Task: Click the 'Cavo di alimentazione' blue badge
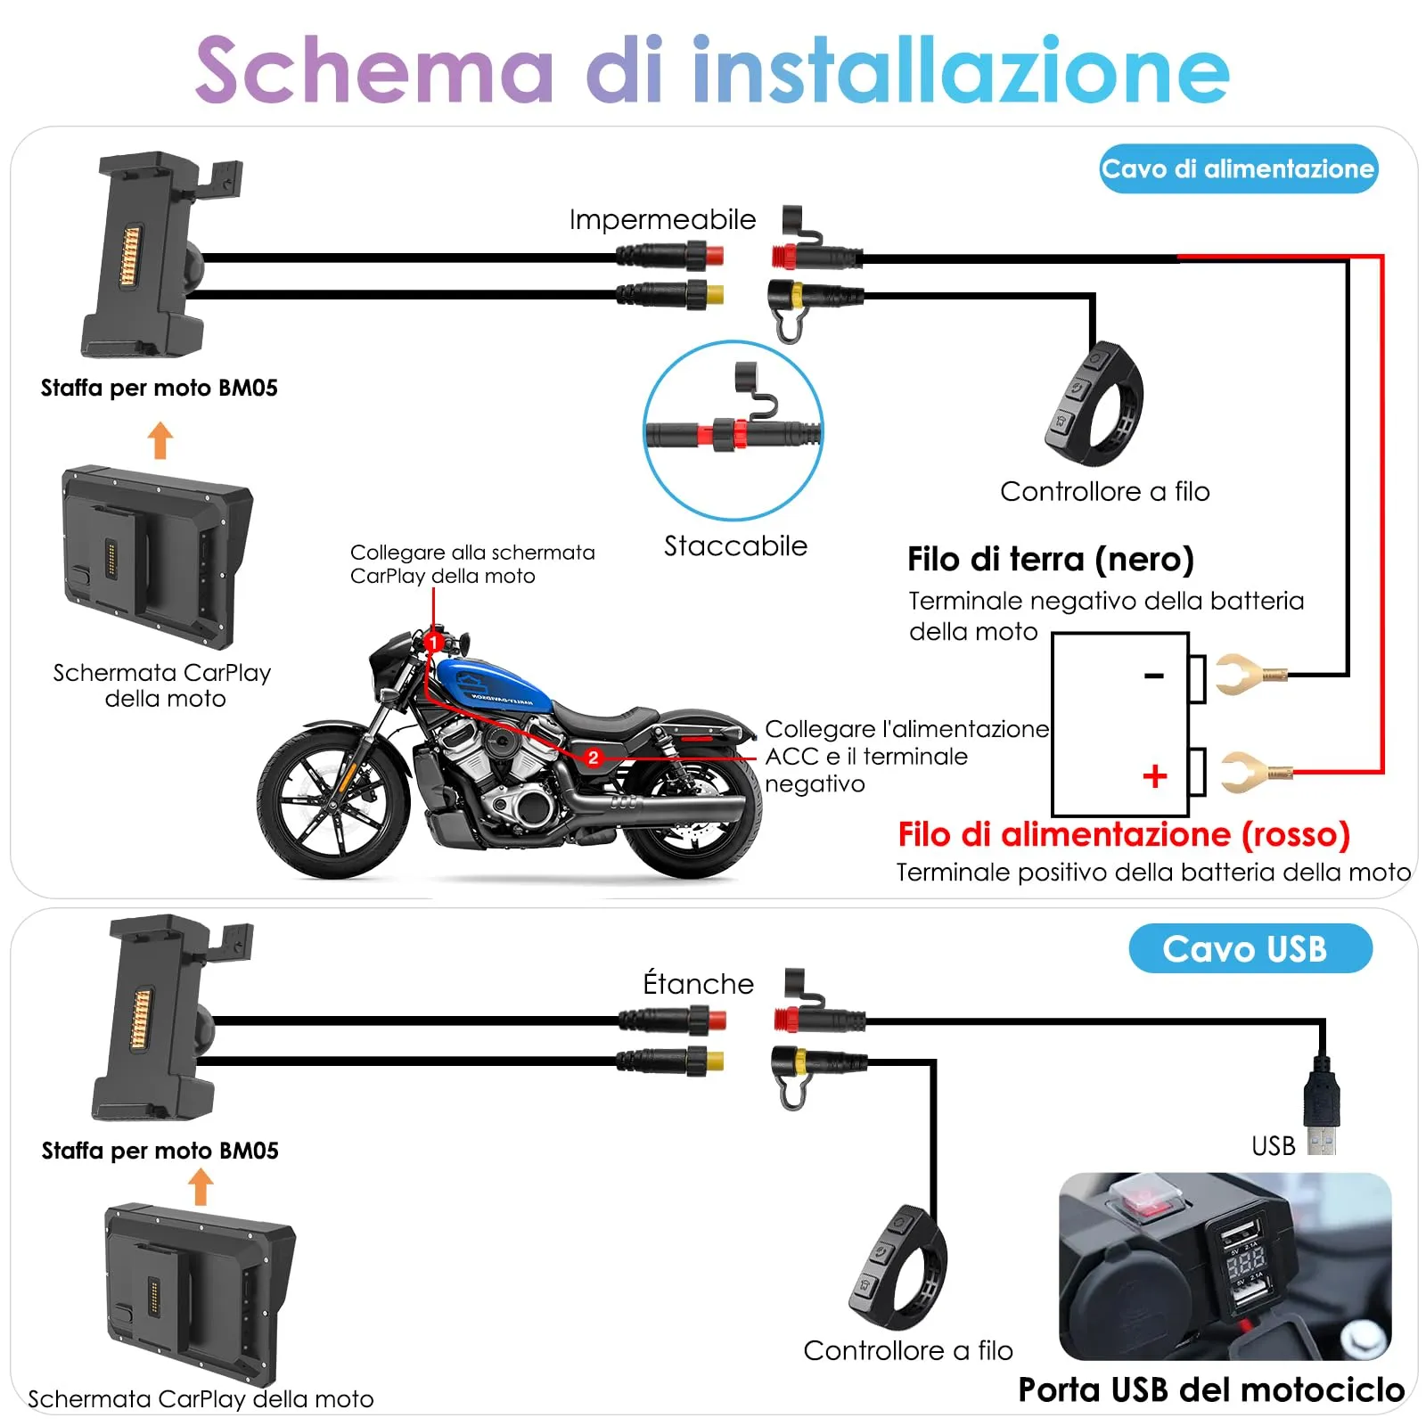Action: point(1238,168)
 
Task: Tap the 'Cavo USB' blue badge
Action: point(1249,948)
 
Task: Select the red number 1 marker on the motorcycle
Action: point(433,642)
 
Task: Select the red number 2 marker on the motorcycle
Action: point(594,758)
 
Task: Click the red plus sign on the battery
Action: point(1154,775)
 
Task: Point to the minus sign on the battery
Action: point(1154,676)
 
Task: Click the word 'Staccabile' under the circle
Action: point(735,545)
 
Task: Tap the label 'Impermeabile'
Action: point(661,219)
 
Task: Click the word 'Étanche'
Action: point(698,983)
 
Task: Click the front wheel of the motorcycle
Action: point(334,802)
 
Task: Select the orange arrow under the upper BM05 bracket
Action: point(160,440)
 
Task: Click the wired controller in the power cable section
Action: point(1093,405)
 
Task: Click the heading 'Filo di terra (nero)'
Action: point(1050,560)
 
